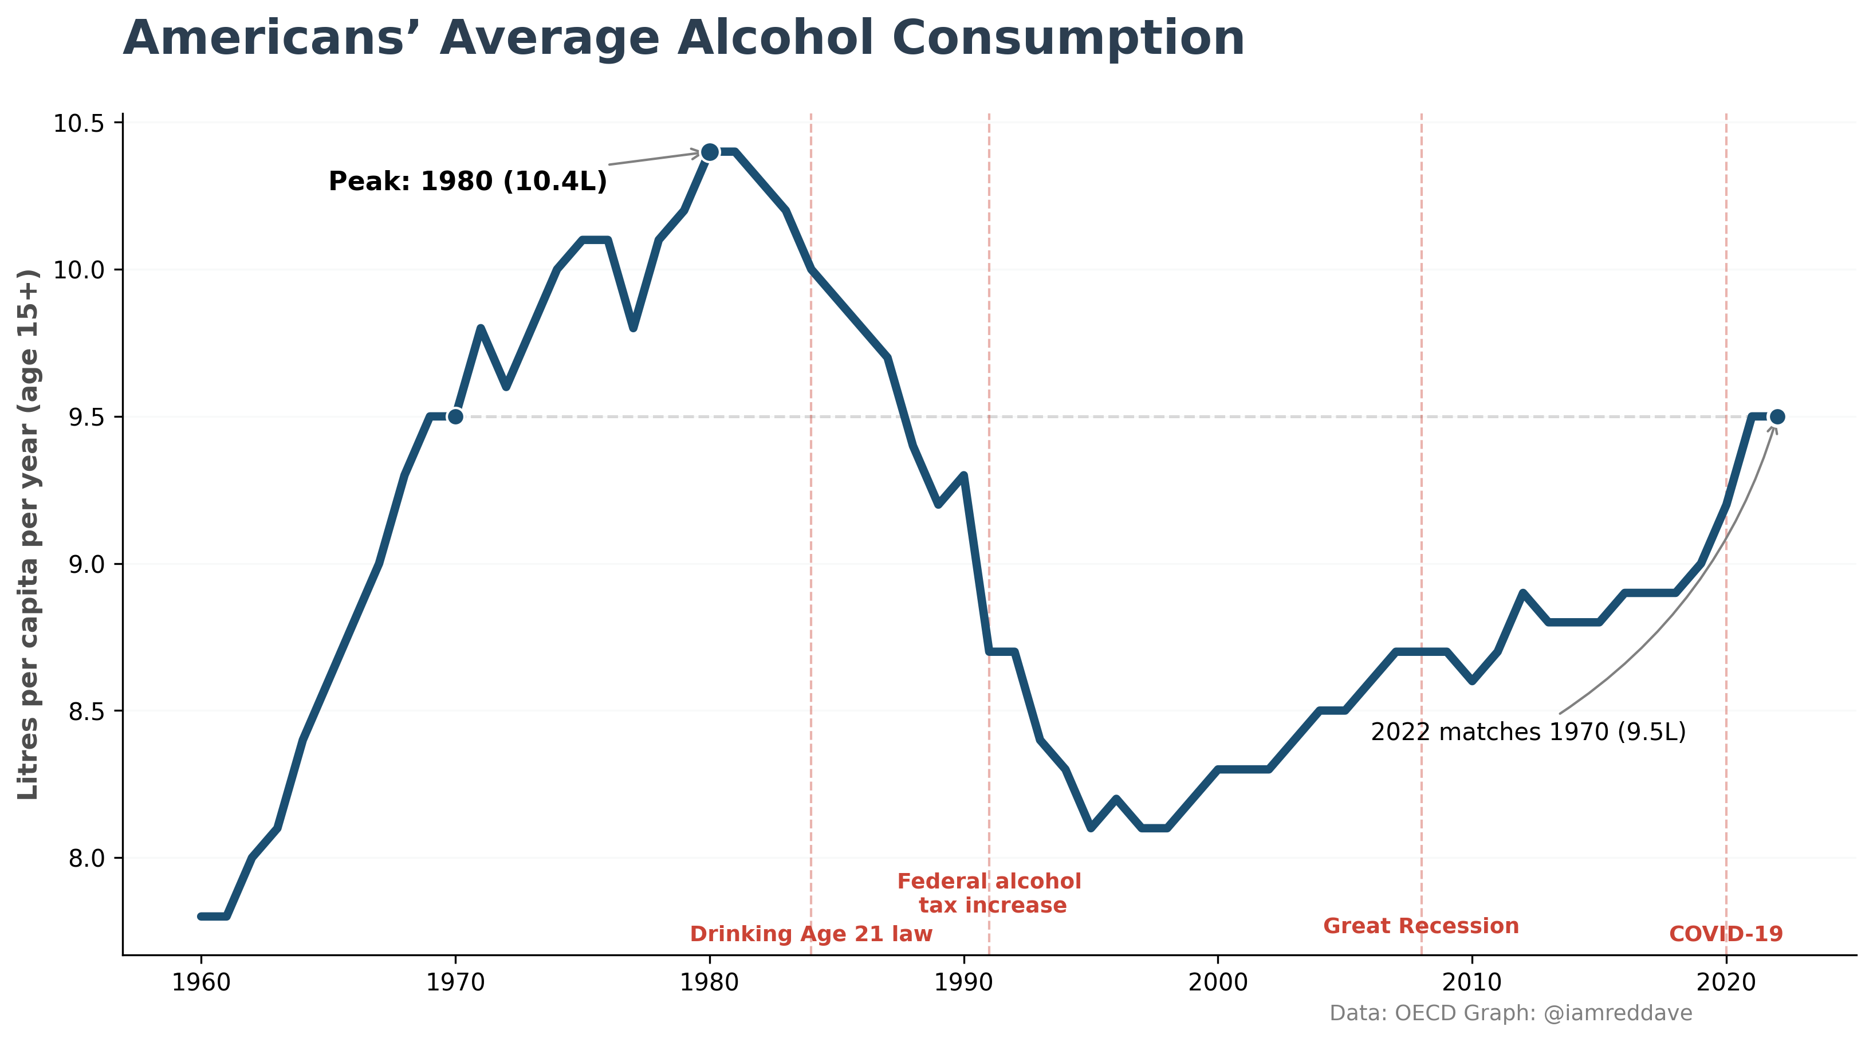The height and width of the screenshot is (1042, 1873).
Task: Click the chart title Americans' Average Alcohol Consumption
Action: [683, 38]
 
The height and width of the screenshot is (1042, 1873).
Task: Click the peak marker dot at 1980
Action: [710, 152]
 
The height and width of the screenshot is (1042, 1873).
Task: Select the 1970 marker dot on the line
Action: [455, 416]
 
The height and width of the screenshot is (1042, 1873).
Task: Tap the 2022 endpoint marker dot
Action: [1777, 416]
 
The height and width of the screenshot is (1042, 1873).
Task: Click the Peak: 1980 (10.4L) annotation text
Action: [467, 181]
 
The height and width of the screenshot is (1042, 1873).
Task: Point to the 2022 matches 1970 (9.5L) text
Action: [1528, 732]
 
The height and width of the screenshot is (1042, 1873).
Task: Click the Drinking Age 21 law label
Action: [810, 934]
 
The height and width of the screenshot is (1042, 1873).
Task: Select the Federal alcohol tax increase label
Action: [990, 893]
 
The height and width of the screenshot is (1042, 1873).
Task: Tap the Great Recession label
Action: [1421, 926]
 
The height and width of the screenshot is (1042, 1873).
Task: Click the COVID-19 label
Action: [1725, 934]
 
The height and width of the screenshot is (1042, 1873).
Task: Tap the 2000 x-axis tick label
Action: [1218, 982]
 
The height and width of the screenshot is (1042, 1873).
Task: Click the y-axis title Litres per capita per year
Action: [29, 534]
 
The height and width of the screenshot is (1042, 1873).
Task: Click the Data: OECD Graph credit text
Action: [1510, 1013]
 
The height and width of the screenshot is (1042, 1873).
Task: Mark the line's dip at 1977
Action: [633, 328]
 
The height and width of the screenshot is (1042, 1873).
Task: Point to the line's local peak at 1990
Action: [963, 475]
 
